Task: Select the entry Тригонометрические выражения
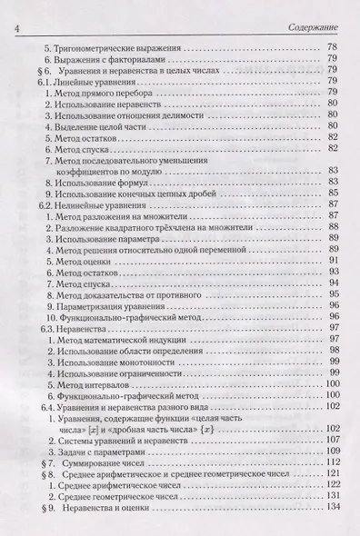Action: pyautogui.click(x=113, y=46)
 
